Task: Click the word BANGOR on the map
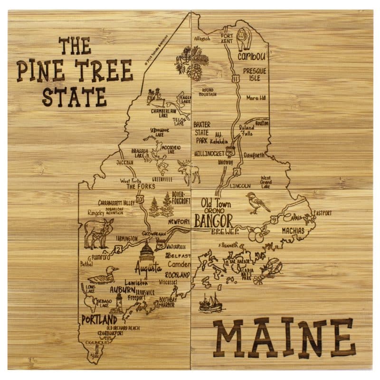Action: pos(213,220)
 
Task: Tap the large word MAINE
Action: pos(284,338)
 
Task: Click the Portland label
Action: pos(99,319)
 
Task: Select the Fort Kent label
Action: pos(227,38)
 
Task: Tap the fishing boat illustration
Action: pos(210,303)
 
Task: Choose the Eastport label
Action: pos(322,213)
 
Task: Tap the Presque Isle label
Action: pos(255,74)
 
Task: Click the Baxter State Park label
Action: pos(203,132)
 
